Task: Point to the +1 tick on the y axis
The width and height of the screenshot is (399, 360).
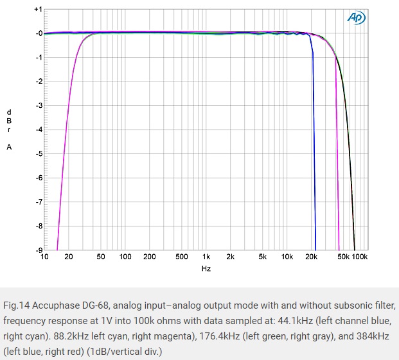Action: (39, 10)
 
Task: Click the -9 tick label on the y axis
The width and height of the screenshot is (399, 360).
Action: (39, 250)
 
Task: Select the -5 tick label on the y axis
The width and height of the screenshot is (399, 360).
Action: (39, 154)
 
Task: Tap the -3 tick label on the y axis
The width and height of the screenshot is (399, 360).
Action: (39, 106)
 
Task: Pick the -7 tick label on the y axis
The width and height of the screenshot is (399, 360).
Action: (39, 202)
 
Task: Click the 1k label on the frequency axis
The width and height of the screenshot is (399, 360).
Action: (206, 257)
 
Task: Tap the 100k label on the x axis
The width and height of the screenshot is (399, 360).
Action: (360, 257)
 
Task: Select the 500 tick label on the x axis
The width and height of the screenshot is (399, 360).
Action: (182, 257)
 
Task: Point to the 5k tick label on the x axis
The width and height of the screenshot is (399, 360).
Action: (263, 257)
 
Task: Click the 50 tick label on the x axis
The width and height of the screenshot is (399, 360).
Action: (101, 257)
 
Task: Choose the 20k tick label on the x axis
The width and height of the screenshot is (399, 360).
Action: (312, 257)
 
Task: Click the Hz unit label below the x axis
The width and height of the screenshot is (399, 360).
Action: (206, 268)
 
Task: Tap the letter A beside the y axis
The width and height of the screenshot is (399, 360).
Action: (9, 147)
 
